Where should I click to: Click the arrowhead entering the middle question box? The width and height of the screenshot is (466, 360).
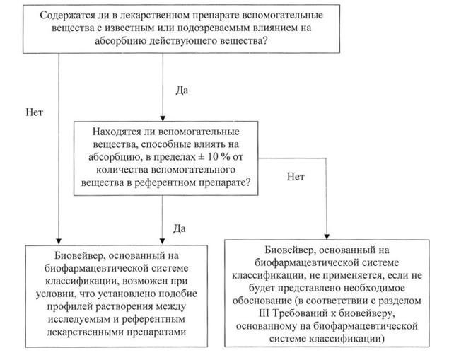163,118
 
